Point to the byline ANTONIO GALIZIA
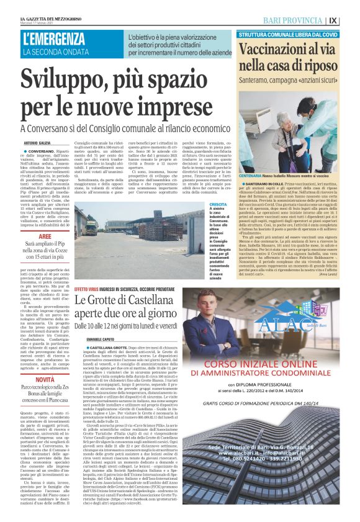point(37,143)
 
